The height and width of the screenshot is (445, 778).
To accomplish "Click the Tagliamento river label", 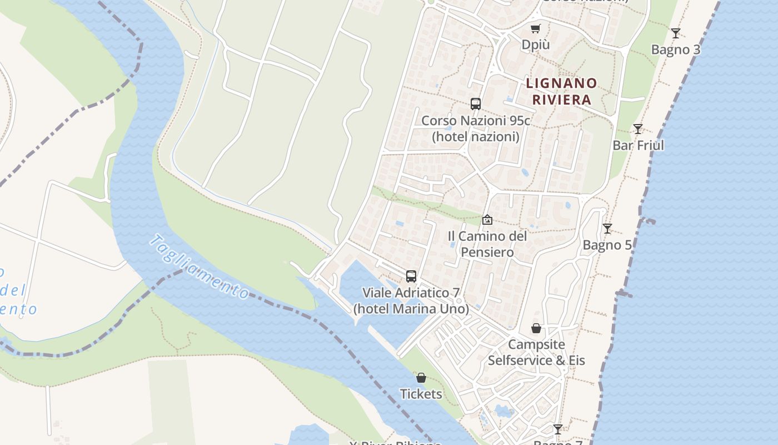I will click(198, 266).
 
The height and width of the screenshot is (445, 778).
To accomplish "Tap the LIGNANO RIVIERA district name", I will click(561, 92).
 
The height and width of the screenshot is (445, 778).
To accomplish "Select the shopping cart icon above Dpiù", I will click(535, 29).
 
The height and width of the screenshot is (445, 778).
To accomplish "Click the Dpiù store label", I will click(535, 44).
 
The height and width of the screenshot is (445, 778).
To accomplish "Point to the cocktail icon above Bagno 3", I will click(675, 33).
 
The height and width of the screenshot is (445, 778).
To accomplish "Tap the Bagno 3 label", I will click(675, 50).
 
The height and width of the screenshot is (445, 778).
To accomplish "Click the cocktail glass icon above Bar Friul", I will click(637, 129).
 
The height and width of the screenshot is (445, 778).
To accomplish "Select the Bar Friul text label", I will click(638, 145).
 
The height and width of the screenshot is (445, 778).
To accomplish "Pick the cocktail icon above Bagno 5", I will click(607, 229).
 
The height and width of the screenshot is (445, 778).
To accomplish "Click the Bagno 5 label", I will click(607, 245).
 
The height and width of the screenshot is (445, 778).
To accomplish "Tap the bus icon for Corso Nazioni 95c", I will click(475, 103).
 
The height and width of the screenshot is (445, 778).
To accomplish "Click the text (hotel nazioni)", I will click(475, 136).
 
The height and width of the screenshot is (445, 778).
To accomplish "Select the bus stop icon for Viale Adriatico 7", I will click(411, 276).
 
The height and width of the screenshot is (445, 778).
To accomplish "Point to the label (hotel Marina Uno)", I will click(411, 308).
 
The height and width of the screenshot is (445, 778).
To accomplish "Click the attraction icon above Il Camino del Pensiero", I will click(487, 220).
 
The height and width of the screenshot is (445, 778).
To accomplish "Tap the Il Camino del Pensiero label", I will click(487, 244).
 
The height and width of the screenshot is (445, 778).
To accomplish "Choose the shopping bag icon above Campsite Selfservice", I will click(536, 328).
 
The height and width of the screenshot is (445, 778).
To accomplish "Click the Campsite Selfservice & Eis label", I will click(536, 352).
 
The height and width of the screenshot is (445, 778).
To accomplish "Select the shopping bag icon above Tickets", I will click(421, 378).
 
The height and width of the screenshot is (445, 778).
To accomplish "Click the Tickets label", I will click(421, 394).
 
